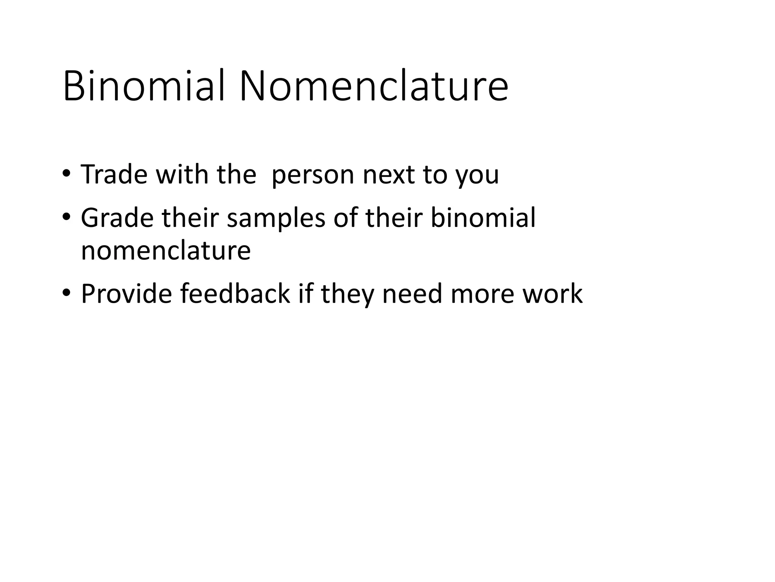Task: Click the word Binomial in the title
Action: pyautogui.click(x=144, y=86)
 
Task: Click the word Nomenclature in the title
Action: pyautogui.click(x=373, y=86)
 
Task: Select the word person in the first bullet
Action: pyautogui.click(x=313, y=175)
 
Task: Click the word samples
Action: pyautogui.click(x=276, y=219)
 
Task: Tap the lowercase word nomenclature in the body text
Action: pyautogui.click(x=166, y=250)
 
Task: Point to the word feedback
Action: pyautogui.click(x=235, y=294)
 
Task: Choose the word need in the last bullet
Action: pyautogui.click(x=412, y=294)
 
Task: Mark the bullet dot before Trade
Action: pyautogui.click(x=67, y=175)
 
